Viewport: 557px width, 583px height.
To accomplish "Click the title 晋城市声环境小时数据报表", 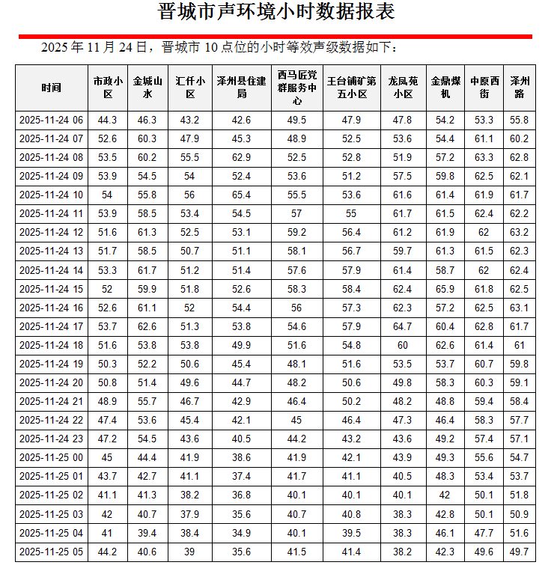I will click(277, 13).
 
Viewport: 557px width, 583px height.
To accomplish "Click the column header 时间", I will click(52, 88).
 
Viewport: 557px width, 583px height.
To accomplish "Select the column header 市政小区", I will click(107, 88).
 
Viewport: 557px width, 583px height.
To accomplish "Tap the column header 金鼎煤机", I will click(445, 88).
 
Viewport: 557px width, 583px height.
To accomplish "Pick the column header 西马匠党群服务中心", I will click(297, 88).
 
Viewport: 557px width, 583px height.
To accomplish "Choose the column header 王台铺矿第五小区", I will click(351, 88).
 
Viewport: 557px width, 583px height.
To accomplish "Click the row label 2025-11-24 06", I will click(52, 120).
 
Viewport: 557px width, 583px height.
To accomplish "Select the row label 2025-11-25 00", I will click(52, 457).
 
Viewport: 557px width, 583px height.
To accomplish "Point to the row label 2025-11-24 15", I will click(52, 289).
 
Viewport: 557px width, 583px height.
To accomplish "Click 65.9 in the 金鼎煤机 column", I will click(445, 289).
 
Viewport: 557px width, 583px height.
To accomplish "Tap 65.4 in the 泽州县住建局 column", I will click(241, 195).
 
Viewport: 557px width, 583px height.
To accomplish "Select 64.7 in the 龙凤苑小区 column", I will click(403, 326).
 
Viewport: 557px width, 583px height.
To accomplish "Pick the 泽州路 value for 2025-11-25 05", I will click(520, 552).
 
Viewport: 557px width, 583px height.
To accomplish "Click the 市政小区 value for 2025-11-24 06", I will click(107, 120).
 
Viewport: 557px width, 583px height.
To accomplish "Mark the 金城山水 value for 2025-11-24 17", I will click(147, 326).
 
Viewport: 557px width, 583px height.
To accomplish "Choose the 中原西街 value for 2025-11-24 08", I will click(484, 157).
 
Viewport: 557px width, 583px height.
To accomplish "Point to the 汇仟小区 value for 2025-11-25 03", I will click(190, 514).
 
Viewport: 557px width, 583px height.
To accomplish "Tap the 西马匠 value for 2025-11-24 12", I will click(297, 232).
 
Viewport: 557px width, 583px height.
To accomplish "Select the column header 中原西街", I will click(484, 88).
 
